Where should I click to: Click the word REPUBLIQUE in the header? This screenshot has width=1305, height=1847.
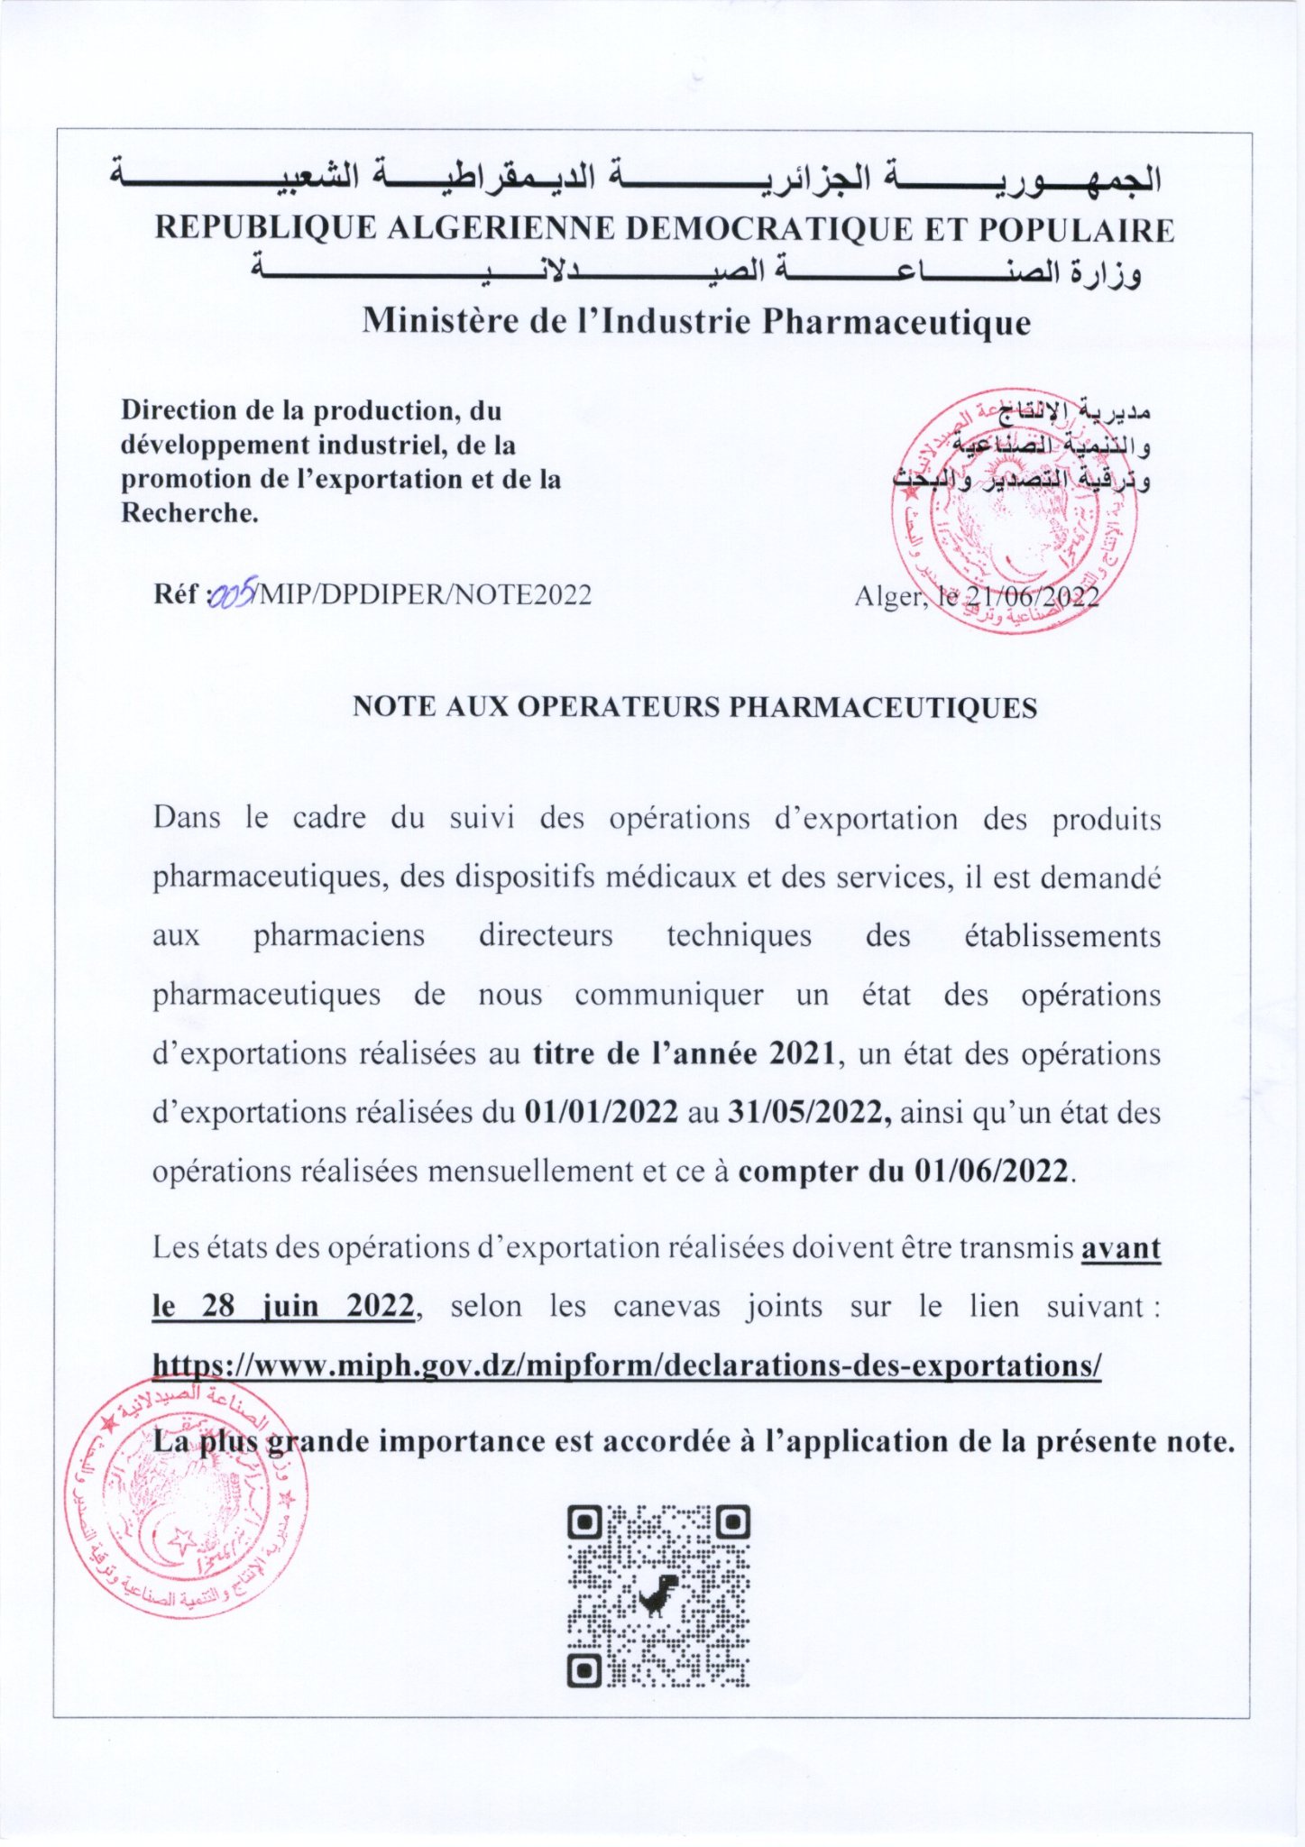tap(265, 228)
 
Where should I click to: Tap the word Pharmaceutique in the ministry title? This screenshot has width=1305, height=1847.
tap(896, 322)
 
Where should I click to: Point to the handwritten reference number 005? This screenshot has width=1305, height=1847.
tap(233, 594)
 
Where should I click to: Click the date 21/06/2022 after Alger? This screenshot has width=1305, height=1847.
tap(1032, 596)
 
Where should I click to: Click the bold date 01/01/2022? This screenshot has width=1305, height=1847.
tap(601, 1112)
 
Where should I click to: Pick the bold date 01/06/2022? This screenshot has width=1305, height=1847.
tap(991, 1171)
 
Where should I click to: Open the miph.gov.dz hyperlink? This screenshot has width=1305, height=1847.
tap(627, 1365)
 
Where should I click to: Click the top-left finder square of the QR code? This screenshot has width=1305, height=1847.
tap(585, 1523)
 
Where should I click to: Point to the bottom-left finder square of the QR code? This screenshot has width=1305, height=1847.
tap(585, 1670)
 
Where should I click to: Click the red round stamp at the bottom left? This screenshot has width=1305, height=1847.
tap(185, 1497)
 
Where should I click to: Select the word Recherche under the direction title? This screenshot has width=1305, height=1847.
tap(188, 513)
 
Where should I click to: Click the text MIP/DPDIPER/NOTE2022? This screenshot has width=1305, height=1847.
tap(426, 595)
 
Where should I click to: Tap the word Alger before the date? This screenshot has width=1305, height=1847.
tap(888, 596)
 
